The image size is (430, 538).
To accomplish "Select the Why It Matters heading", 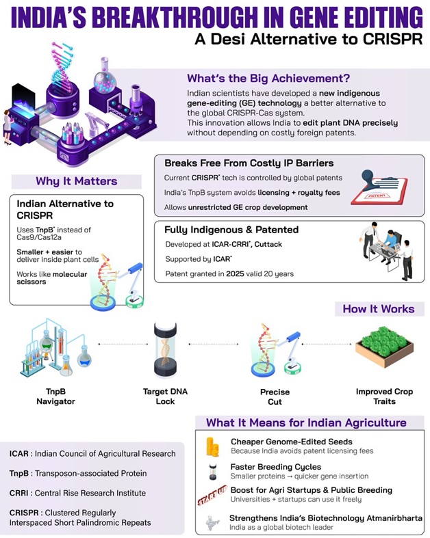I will coord(76,181).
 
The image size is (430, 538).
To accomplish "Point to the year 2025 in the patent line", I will coord(234,273).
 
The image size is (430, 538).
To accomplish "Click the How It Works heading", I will coord(378,308).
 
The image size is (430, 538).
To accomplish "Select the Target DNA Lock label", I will coord(168,396).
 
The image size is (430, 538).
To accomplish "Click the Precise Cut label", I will coord(275,396).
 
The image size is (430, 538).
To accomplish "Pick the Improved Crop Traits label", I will coord(384,396).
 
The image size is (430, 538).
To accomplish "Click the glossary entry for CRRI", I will coord(88,493).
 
